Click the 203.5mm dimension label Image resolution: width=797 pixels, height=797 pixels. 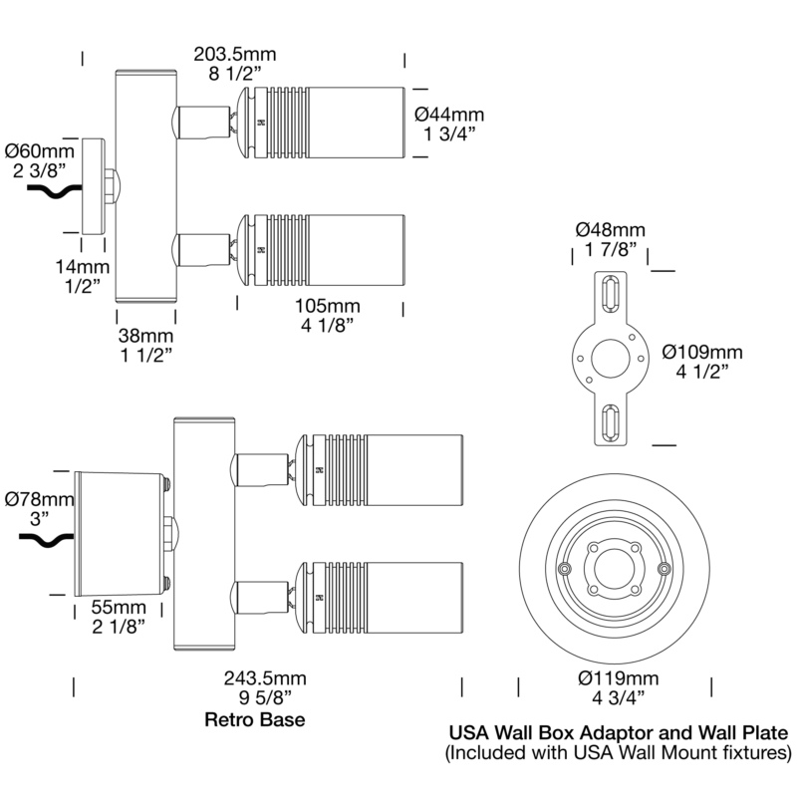(x=235, y=54)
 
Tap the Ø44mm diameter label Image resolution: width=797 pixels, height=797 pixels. (x=449, y=115)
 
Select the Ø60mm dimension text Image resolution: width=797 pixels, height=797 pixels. (x=40, y=151)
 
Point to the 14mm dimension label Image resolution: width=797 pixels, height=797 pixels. (x=83, y=267)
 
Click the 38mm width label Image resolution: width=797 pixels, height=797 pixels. (x=145, y=336)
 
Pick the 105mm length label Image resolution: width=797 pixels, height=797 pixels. (x=328, y=306)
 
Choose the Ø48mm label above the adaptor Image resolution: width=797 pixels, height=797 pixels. (x=611, y=230)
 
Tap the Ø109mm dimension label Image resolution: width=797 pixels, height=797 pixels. (x=702, y=352)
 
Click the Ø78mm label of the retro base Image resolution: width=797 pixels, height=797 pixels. (x=40, y=499)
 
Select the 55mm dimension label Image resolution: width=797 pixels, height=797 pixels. (x=119, y=607)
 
